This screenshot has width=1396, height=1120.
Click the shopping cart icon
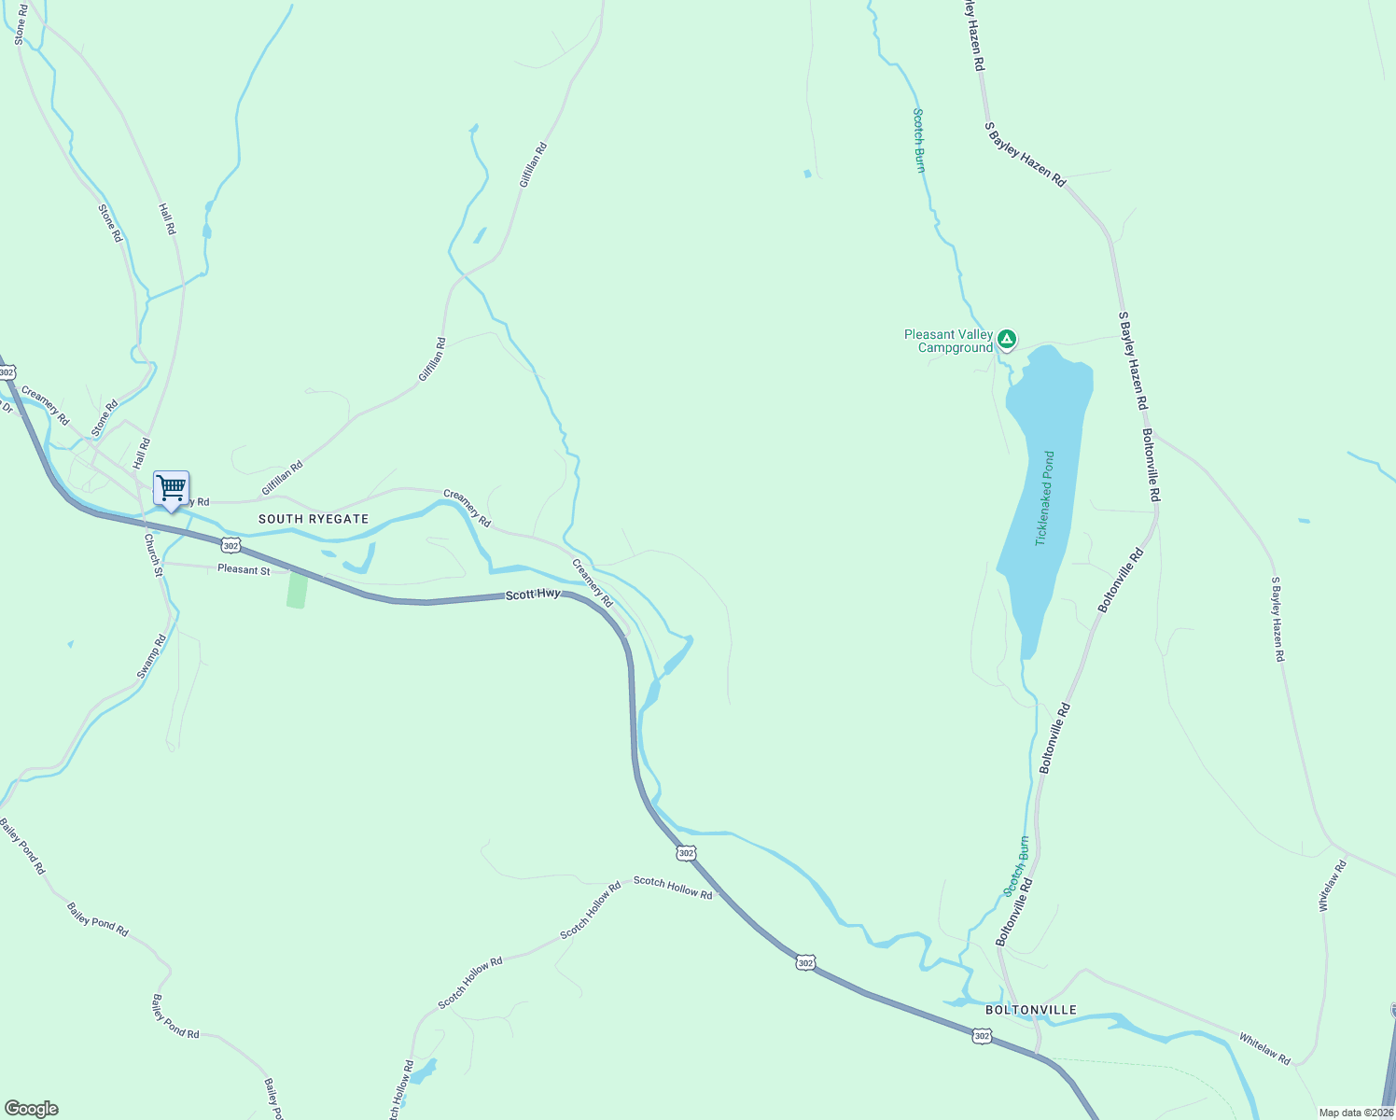[x=171, y=488]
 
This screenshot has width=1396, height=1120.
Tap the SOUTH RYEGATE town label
[x=314, y=519]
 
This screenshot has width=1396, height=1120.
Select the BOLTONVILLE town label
[x=1031, y=1010]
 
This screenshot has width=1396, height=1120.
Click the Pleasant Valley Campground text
[x=948, y=341]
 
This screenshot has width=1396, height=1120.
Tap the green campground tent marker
[x=1006, y=338]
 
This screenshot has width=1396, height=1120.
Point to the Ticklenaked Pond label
[x=1046, y=498]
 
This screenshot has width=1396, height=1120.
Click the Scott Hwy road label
[x=533, y=594]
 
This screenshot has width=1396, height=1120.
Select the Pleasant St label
[x=244, y=569]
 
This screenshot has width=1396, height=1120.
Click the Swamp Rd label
[x=151, y=656]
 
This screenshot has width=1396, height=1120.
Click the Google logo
[x=32, y=1108]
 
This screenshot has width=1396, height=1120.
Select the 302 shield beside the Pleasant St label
[x=231, y=544]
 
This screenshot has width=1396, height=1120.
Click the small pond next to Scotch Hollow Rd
[x=424, y=1071]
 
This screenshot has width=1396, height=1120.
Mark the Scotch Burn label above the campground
[x=919, y=140]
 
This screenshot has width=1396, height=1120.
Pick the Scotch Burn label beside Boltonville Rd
[x=1016, y=866]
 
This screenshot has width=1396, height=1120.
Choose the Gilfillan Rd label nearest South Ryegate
[x=282, y=478]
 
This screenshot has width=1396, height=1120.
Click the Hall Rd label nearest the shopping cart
[x=142, y=454]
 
